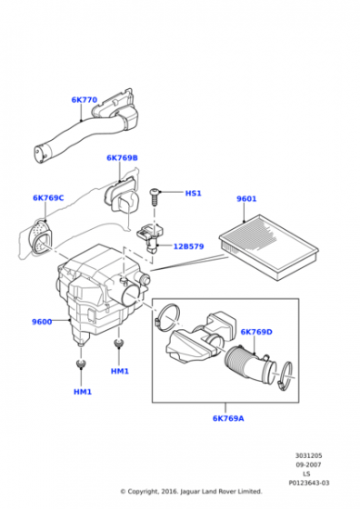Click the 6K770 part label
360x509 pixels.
coord(84,100)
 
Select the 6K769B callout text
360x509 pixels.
coord(122,158)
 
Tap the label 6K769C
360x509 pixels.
coord(49,197)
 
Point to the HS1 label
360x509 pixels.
coord(193,194)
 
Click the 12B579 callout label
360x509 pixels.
coord(188,245)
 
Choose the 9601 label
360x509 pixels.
coord(246,199)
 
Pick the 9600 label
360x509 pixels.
coord(42,321)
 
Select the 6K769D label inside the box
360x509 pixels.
coord(256,332)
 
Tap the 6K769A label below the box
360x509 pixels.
coord(229,418)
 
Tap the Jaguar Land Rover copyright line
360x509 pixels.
coord(191,492)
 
